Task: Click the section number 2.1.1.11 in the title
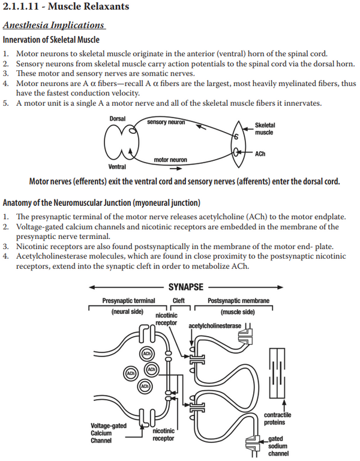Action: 21,9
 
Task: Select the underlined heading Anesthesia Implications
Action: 53,25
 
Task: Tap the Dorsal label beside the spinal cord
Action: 117,119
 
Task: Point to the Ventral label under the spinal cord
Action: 117,166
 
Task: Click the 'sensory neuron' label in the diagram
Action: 166,122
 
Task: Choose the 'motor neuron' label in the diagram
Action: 170,160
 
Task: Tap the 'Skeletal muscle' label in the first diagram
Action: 265,129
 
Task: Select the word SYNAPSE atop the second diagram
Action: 185,287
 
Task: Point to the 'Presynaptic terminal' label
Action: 128,301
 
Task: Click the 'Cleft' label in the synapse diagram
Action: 178,301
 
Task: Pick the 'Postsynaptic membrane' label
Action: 238,301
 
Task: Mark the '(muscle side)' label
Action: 238,312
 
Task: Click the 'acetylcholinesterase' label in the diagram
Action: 214,326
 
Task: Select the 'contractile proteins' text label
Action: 278,419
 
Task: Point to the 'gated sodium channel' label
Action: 278,446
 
